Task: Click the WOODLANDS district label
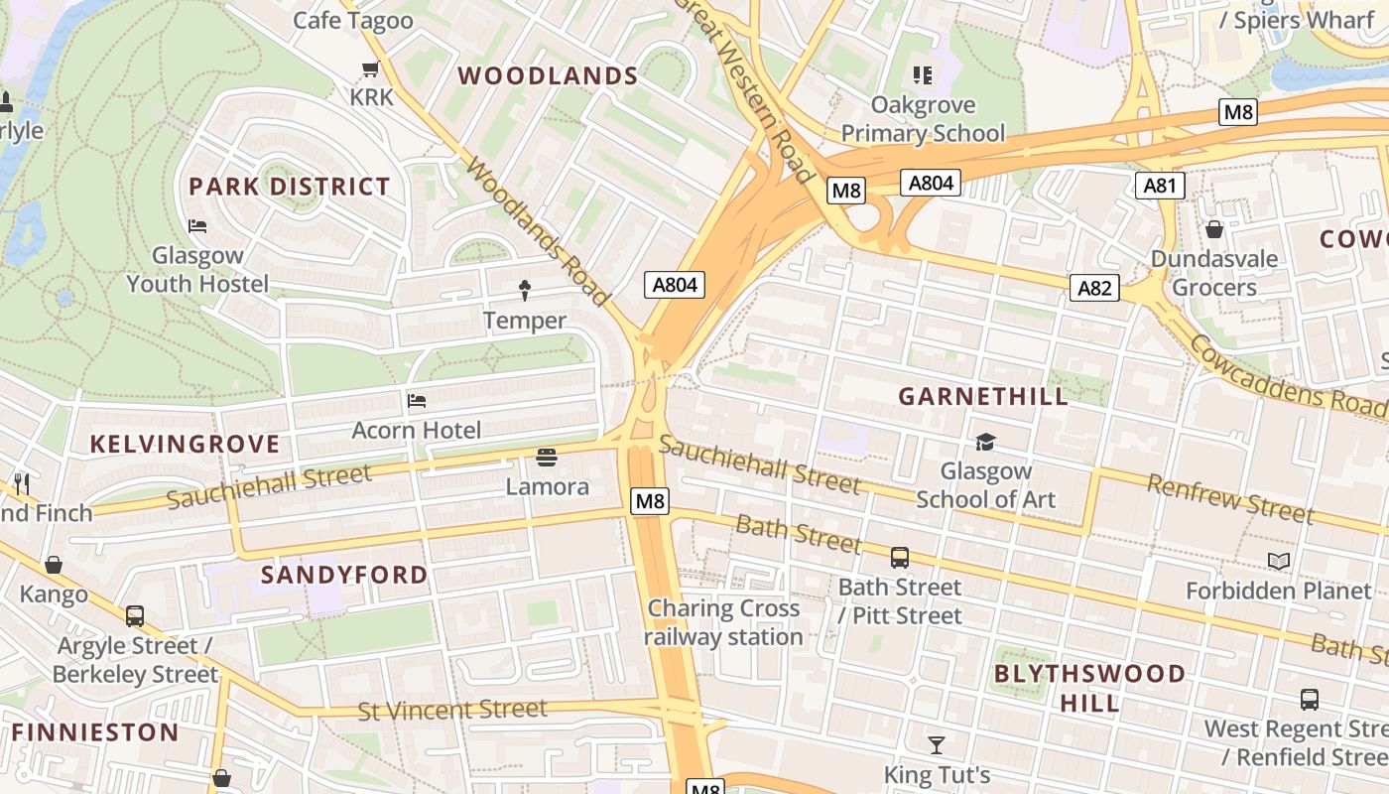pyautogui.click(x=548, y=76)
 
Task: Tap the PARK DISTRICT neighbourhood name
pyautogui.click(x=290, y=187)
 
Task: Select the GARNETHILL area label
pyautogui.click(x=983, y=397)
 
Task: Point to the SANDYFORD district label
pyautogui.click(x=344, y=575)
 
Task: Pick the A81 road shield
pyautogui.click(x=1160, y=186)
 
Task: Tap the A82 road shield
pyautogui.click(x=1094, y=288)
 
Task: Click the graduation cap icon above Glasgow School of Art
pyautogui.click(x=985, y=442)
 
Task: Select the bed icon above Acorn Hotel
pyautogui.click(x=417, y=401)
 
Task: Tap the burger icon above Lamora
pyautogui.click(x=547, y=458)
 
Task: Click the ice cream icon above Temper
pyautogui.click(x=525, y=290)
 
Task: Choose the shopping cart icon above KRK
pyautogui.click(x=371, y=68)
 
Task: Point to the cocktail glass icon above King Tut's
pyautogui.click(x=937, y=744)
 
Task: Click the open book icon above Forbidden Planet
pyautogui.click(x=1279, y=562)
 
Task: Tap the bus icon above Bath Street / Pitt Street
pyautogui.click(x=900, y=558)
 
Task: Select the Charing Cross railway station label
pyautogui.click(x=723, y=622)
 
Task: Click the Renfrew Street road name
pyautogui.click(x=1230, y=498)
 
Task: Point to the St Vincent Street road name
pyautogui.click(x=452, y=710)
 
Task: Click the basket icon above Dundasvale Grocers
pyautogui.click(x=1213, y=230)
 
